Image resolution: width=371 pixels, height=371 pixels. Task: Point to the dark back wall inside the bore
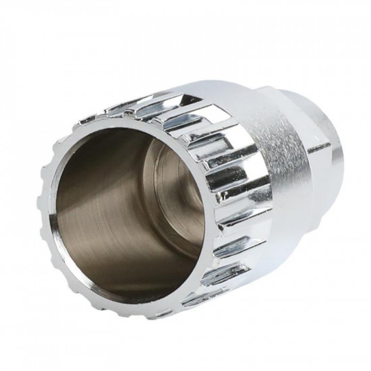[x=162, y=196]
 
